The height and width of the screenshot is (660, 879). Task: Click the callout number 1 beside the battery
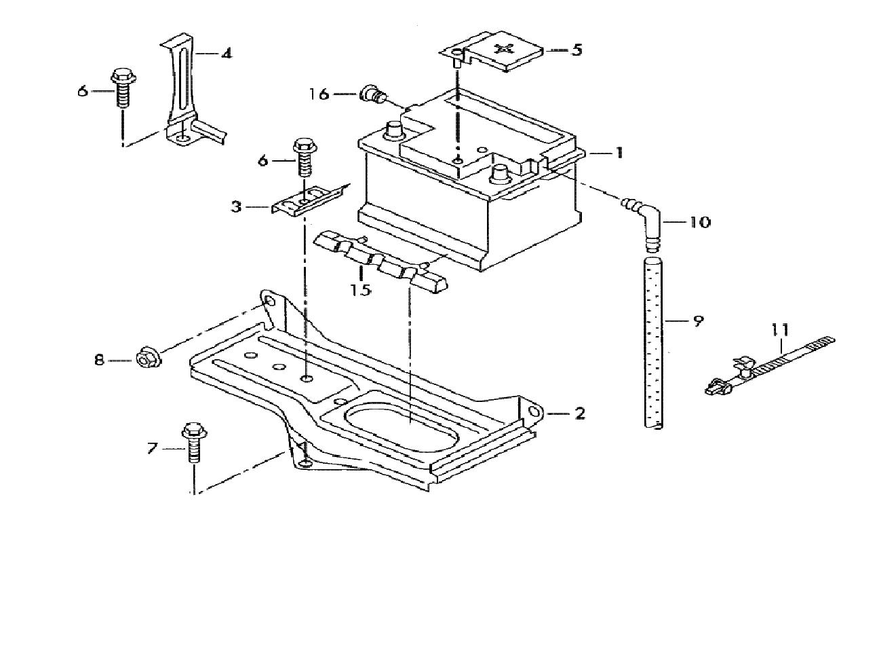(x=619, y=153)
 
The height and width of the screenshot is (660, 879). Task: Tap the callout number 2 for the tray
(x=579, y=413)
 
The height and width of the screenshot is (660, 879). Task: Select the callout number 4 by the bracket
(x=226, y=52)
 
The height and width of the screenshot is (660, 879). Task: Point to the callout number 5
(x=577, y=50)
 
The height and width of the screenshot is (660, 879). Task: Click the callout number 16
(x=319, y=94)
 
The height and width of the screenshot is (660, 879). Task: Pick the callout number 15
(x=361, y=291)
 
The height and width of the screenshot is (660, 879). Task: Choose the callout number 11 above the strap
(x=780, y=330)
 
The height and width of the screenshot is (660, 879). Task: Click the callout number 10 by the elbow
(x=700, y=222)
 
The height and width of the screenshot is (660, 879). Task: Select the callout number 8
(x=99, y=360)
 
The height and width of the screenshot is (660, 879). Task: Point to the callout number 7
(x=152, y=447)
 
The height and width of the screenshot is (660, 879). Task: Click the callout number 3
(x=235, y=206)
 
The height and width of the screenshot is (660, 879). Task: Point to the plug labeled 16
(x=372, y=94)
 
